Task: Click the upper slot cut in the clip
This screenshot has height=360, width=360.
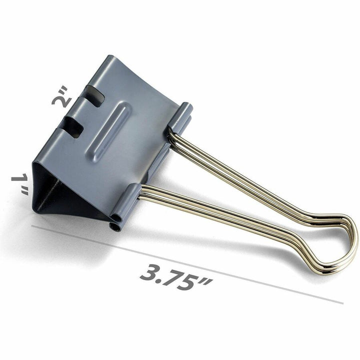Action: pyautogui.click(x=94, y=95)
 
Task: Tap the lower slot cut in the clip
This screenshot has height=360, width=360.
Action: pyautogui.click(x=74, y=127)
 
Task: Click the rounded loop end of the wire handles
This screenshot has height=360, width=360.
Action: pyautogui.click(x=345, y=245)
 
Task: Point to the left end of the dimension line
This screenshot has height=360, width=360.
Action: pyautogui.click(x=32, y=226)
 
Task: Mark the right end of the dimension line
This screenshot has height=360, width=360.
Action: pyautogui.click(x=342, y=303)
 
